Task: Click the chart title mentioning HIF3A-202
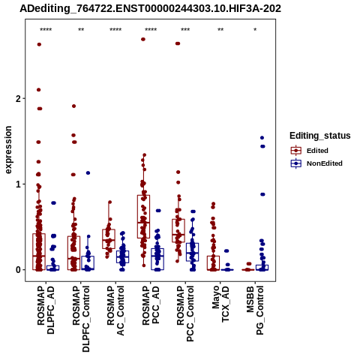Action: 151,8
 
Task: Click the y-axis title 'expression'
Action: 8,150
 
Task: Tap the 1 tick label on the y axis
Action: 19,184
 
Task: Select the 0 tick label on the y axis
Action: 19,270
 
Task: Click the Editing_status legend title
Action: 320,136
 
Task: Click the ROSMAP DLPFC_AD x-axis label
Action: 46,310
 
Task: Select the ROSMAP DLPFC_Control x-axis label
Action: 81,319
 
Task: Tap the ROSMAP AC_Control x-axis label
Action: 115,310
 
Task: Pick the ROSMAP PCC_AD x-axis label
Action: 151,305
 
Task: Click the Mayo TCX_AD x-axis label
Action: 220,304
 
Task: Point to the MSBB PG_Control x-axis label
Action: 255,310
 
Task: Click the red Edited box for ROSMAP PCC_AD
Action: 143,217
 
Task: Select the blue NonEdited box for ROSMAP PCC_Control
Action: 192,252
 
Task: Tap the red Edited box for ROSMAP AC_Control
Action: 109,239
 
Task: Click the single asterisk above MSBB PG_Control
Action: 255,30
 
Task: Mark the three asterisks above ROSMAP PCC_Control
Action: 185,30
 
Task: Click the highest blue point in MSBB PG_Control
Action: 262,138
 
